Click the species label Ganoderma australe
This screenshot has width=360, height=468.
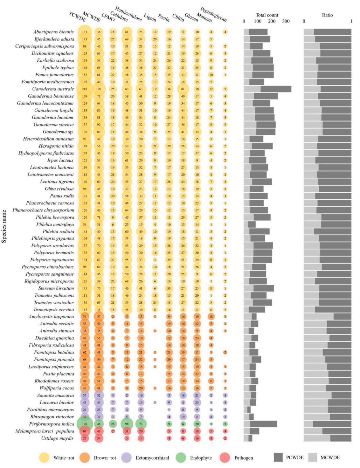[x=53, y=89]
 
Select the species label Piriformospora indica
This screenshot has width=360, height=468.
[x=51, y=424]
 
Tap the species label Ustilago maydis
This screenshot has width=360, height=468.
[x=57, y=438]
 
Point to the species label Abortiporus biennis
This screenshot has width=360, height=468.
[x=53, y=32]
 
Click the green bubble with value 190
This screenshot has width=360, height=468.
[x=85, y=424]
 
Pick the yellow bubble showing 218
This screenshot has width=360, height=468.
[x=85, y=89]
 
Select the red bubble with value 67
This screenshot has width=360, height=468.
[x=85, y=431]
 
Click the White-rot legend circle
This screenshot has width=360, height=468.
[x=44, y=458]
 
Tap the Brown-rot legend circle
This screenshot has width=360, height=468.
[x=85, y=458]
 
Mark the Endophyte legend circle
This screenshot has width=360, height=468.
[x=181, y=458]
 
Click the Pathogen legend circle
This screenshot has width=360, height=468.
[x=225, y=458]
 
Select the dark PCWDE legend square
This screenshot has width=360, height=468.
[x=278, y=458]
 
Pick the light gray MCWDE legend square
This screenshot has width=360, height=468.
[x=313, y=458]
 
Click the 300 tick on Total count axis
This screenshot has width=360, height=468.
[x=286, y=21]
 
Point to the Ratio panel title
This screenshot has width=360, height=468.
[x=327, y=15]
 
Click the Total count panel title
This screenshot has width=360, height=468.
[x=267, y=15]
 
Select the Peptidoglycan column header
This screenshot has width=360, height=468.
[x=213, y=14]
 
